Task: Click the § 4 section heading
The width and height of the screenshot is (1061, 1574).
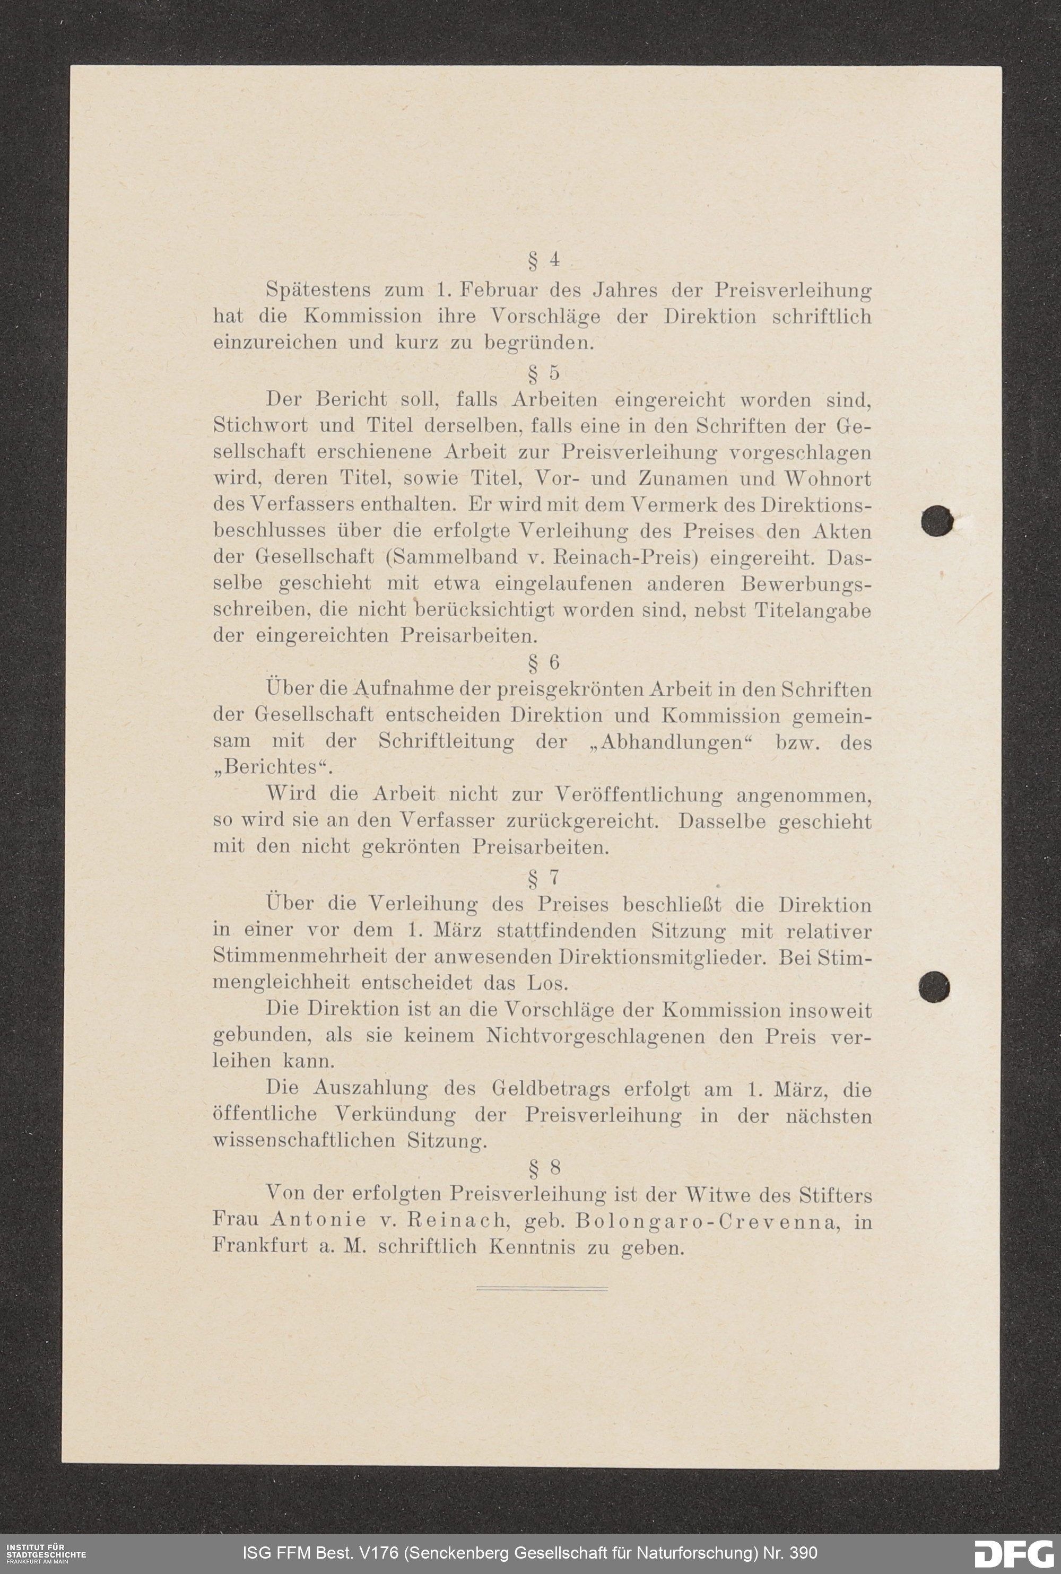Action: click(x=543, y=260)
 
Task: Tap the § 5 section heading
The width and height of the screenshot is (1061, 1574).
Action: click(x=543, y=373)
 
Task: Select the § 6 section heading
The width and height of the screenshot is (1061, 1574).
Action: click(x=543, y=662)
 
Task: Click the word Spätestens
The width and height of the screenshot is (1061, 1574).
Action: click(x=317, y=290)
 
